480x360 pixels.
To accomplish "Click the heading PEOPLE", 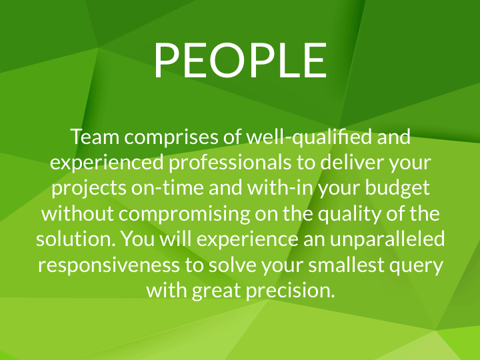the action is pyautogui.click(x=241, y=60).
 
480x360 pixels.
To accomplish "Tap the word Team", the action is pyautogui.click(x=95, y=137).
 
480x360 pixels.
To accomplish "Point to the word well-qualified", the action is pyautogui.click(x=309, y=137).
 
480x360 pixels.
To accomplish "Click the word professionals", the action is pyautogui.click(x=230, y=162).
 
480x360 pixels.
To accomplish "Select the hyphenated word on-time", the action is pyautogui.click(x=167, y=187).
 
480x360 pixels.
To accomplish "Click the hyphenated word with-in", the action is pyautogui.click(x=280, y=187).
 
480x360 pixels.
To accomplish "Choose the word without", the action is pyautogui.click(x=77, y=213).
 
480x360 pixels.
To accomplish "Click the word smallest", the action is pyautogui.click(x=346, y=264).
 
